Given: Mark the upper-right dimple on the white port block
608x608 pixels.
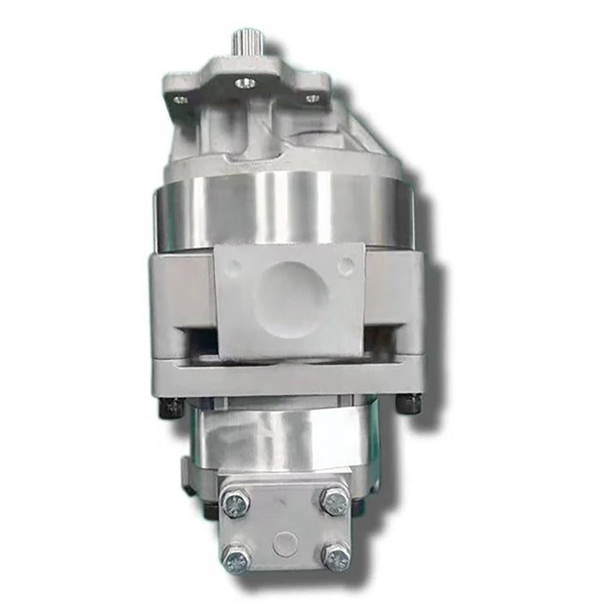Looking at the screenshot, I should point(346,263).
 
